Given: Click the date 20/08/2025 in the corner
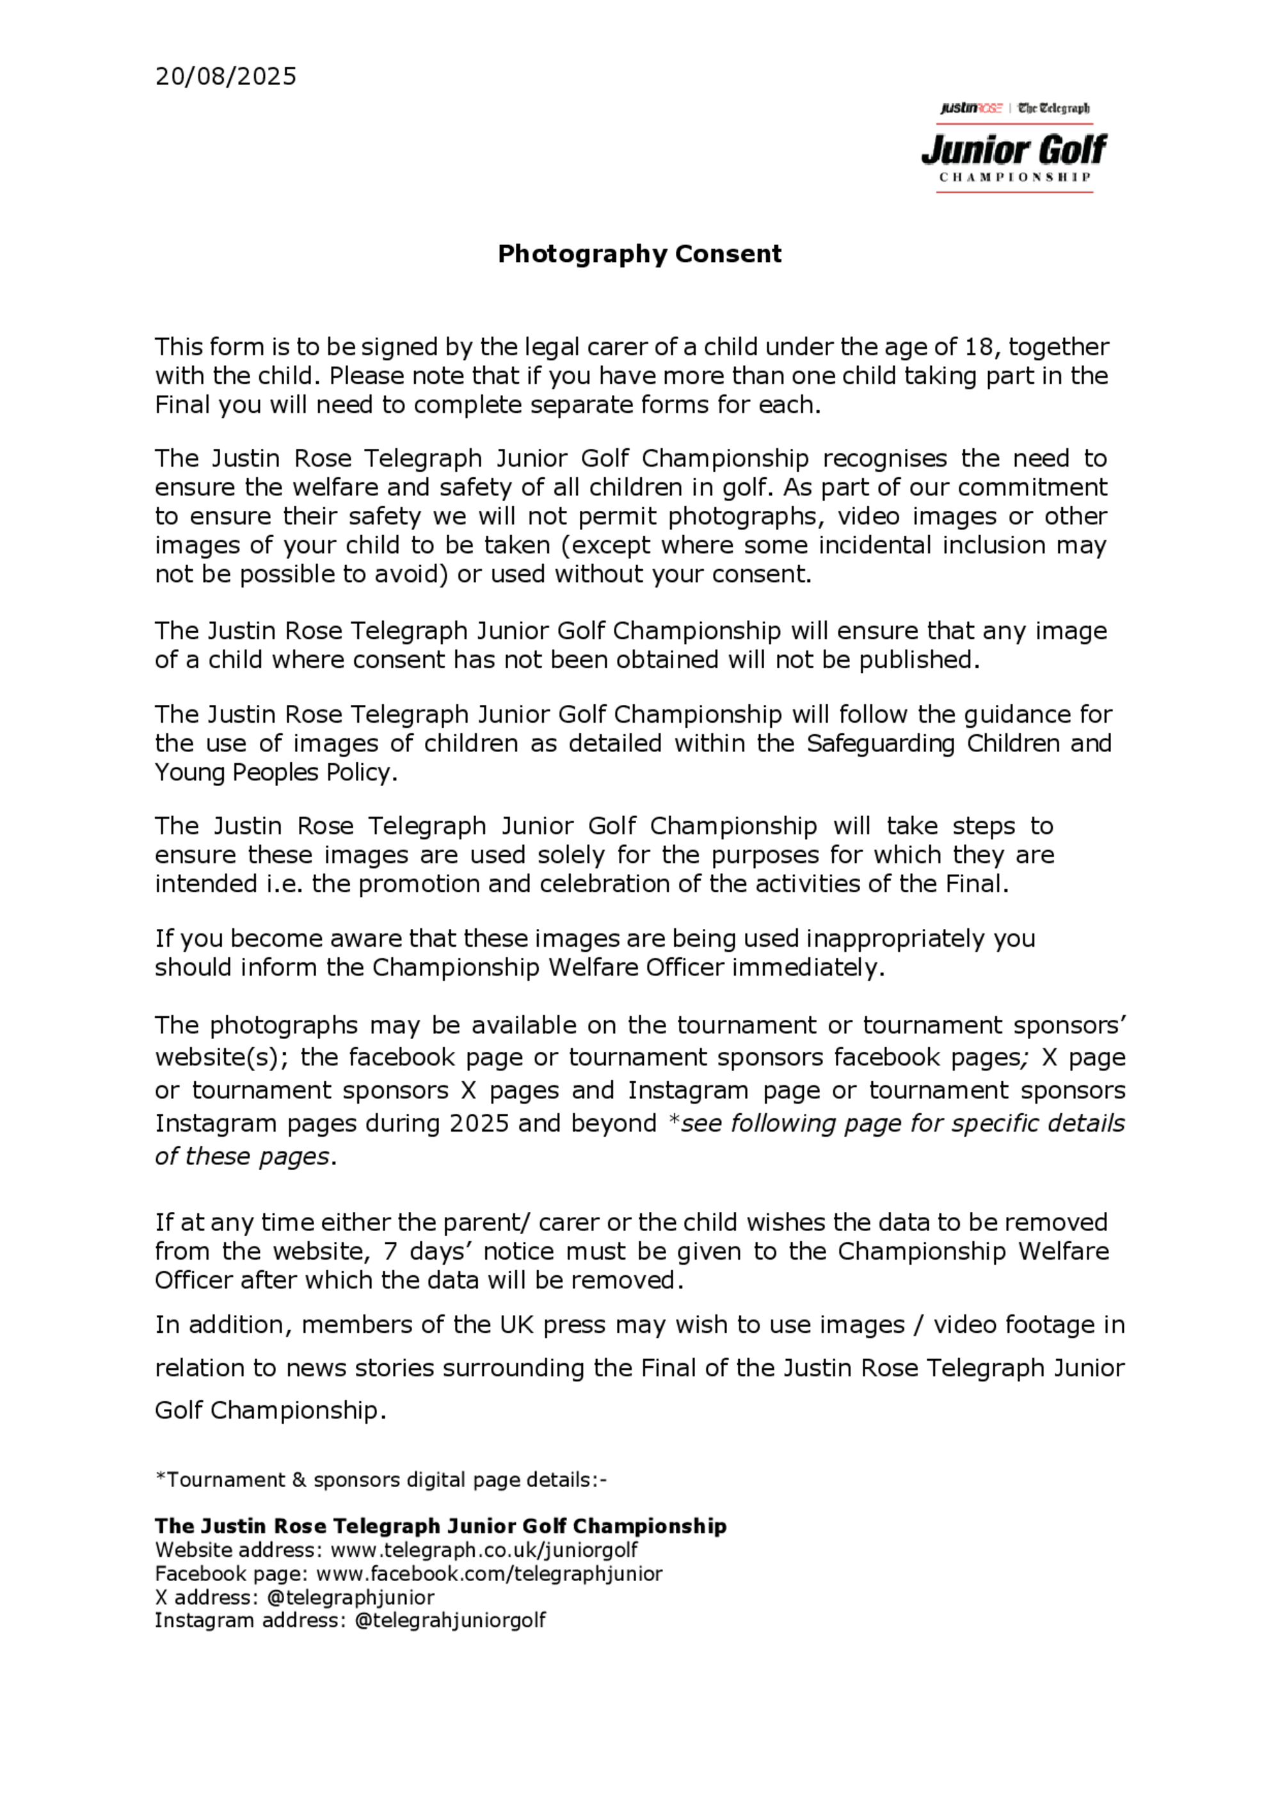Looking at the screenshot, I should pos(225,77).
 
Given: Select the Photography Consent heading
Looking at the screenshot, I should pos(639,254).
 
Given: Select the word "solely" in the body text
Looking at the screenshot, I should pos(573,855).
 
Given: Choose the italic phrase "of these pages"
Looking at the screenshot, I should pos(242,1156).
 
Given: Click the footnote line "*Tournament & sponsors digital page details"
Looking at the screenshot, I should pos(381,1480).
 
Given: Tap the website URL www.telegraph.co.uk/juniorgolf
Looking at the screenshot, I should pos(483,1550).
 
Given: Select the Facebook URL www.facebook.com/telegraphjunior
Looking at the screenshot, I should pos(489,1574).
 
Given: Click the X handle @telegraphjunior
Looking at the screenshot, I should pos(351,1597).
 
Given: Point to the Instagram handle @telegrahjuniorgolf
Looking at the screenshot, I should pos(451,1620).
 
